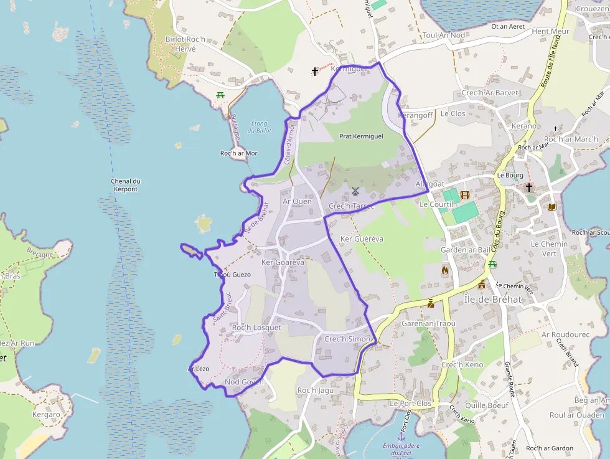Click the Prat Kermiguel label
361,136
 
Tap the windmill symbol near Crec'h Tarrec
355,191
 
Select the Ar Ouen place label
297,201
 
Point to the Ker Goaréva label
283,262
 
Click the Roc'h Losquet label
256,328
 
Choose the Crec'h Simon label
347,339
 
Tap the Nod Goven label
244,382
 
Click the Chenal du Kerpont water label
126,185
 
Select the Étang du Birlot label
260,127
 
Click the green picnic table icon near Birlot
220,95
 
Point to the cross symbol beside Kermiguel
315,72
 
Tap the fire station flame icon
444,270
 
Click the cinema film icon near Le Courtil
464,195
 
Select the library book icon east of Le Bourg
551,207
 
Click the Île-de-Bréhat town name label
493,299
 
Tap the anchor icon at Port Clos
401,437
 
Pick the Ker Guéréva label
362,239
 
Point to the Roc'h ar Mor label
239,153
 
